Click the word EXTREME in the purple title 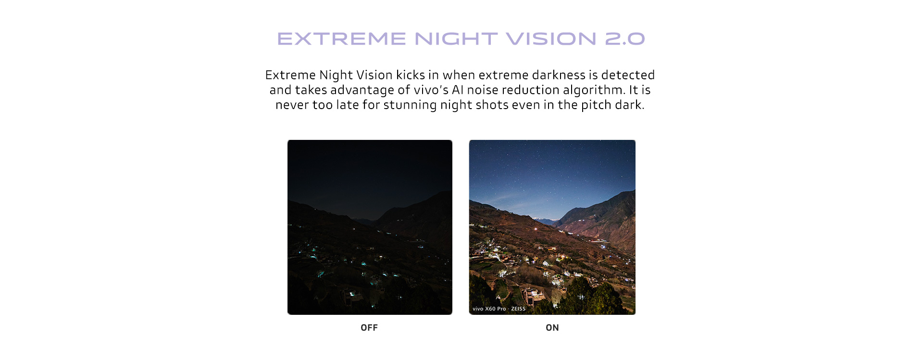[x=342, y=39]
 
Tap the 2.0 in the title [x=625, y=39]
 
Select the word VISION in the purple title [x=551, y=39]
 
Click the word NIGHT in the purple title [x=456, y=39]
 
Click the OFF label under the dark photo [x=369, y=328]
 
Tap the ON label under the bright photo [x=552, y=328]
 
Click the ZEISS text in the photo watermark [x=518, y=309]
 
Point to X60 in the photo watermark [x=490, y=309]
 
